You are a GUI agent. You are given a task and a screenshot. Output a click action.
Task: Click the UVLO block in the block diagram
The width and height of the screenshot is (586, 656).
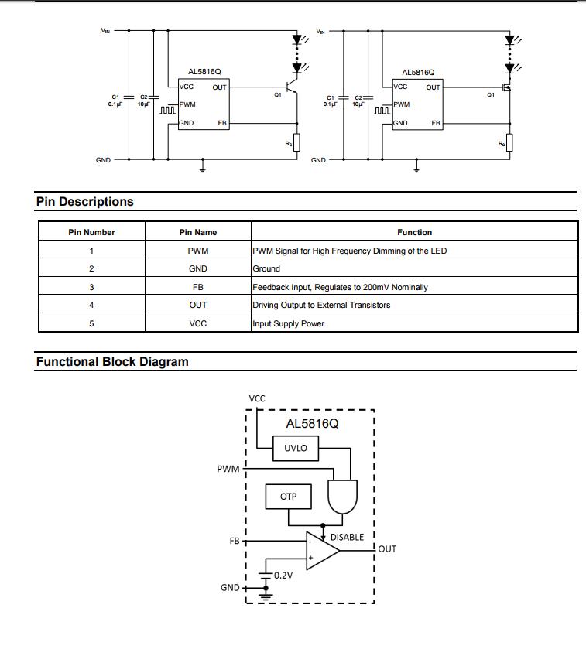296,448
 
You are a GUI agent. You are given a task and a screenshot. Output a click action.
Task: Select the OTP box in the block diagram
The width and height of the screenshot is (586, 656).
289,497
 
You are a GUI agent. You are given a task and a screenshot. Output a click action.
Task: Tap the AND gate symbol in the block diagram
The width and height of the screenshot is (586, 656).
343,497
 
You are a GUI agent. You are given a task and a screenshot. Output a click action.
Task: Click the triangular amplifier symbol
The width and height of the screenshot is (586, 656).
322,551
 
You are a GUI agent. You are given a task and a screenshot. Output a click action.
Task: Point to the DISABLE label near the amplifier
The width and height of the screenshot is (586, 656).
347,537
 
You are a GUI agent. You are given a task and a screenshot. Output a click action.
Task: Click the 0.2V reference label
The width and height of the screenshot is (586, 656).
283,576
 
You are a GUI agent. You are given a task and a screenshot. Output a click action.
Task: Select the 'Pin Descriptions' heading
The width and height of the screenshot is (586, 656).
85,202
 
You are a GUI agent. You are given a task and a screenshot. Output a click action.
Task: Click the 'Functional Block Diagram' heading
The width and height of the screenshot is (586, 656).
112,362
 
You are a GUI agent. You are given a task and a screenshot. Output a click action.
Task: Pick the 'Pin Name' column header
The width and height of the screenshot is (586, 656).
198,232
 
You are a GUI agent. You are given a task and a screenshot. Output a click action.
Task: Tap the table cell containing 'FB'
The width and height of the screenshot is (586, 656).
198,287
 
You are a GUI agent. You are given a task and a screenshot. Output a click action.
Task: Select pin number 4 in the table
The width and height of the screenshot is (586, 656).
91,305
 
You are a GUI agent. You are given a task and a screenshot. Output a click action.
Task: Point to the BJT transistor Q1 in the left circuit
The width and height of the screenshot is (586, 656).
292,87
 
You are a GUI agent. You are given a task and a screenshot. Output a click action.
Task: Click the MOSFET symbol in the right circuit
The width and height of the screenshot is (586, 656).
507,88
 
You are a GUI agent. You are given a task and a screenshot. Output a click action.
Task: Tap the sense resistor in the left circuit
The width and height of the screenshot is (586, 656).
296,142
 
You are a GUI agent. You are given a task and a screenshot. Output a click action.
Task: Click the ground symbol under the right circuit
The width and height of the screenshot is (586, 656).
416,168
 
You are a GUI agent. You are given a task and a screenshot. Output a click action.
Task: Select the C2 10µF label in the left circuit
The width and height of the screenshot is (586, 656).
143,101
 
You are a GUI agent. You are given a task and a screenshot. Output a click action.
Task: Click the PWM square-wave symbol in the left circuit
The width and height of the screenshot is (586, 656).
168,111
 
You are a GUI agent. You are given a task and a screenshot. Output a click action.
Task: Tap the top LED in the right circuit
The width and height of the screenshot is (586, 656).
510,40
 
